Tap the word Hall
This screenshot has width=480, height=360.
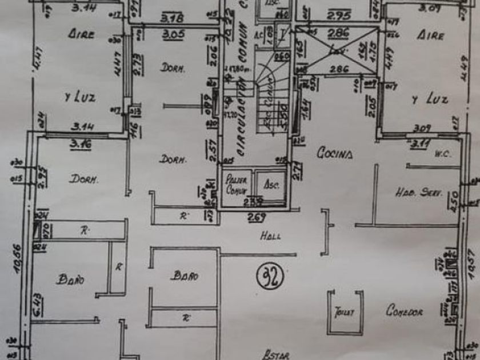[x=270, y=235]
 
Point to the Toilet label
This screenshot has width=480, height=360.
[x=345, y=312]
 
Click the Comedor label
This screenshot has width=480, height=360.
[x=404, y=312]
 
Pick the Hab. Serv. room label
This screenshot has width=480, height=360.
[x=419, y=193]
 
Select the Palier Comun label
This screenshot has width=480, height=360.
[x=236, y=185]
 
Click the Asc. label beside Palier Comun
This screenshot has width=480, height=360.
[x=270, y=185]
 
